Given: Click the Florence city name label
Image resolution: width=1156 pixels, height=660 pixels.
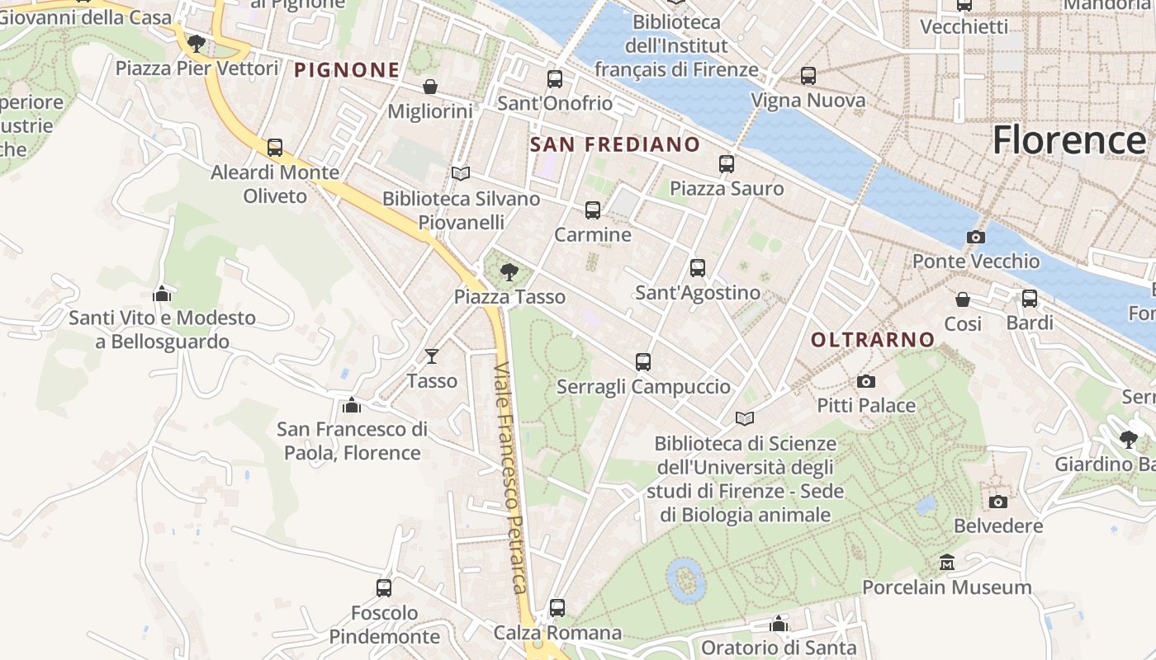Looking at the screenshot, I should click(x=1068, y=139).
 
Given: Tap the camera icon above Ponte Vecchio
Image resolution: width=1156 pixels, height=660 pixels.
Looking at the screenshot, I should click(x=975, y=238).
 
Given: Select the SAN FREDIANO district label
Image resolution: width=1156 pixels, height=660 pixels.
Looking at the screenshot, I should click(x=614, y=145).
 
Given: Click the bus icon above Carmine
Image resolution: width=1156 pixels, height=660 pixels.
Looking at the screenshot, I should click(x=592, y=210).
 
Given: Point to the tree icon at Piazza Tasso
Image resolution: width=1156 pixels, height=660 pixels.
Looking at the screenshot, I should click(x=509, y=271).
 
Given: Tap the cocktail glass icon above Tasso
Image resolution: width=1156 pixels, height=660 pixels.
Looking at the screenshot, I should click(x=431, y=356).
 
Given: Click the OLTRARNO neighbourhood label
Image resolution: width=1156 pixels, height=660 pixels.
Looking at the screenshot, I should click(x=872, y=340).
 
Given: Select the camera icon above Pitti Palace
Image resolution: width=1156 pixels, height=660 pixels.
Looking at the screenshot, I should click(x=865, y=381).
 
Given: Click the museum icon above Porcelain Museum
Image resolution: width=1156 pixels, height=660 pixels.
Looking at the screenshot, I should click(x=947, y=563).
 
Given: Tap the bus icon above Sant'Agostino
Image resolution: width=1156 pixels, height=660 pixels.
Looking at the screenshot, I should click(x=697, y=268).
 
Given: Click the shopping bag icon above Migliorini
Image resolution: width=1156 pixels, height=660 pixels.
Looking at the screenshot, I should click(x=429, y=87).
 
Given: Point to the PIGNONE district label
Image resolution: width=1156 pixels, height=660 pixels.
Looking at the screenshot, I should click(x=347, y=70).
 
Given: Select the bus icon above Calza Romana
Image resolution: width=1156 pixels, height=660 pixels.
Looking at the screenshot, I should click(x=557, y=608).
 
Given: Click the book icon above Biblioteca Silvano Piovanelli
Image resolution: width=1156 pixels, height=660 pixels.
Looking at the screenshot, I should click(x=460, y=174).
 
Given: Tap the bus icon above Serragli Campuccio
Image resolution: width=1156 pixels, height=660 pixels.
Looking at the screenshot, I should click(x=642, y=362).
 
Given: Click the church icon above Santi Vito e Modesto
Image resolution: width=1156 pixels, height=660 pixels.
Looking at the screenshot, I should click(x=162, y=293).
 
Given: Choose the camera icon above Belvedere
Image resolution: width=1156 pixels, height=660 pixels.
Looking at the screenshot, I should click(x=997, y=502).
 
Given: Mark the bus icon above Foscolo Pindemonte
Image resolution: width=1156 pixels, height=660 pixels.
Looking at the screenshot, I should click(x=384, y=588).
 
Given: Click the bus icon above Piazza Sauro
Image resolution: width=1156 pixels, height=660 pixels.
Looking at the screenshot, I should click(x=726, y=164).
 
